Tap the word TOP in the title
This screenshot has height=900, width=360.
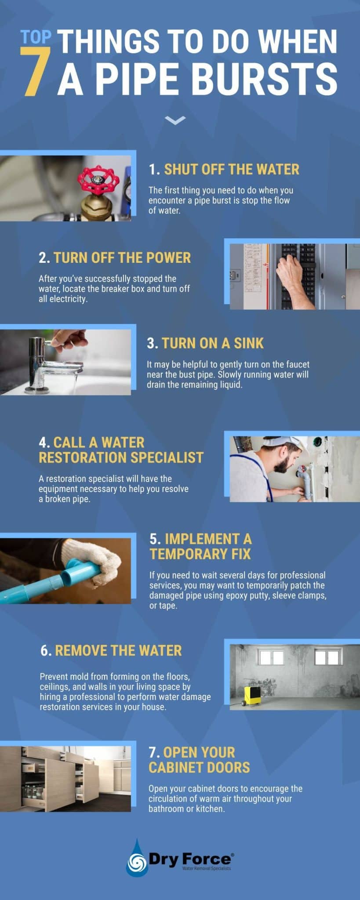36,38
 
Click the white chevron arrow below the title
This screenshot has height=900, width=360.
175,120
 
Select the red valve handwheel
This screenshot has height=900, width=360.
98,180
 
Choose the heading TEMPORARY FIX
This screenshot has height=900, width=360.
200,554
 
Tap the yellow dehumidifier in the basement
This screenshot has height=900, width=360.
252,696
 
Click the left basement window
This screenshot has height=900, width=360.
272,658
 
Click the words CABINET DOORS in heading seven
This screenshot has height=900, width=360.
199,767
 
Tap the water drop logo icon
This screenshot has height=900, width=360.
137,860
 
